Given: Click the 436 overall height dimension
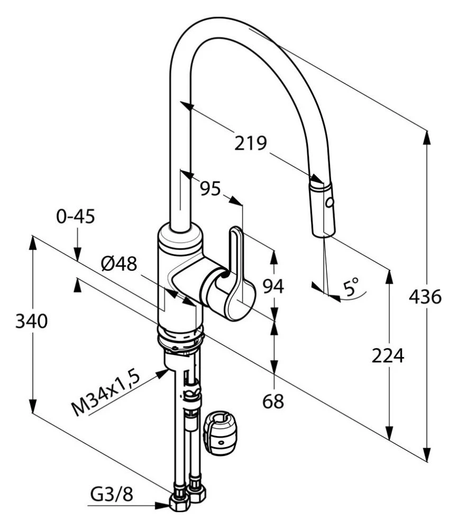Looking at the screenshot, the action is coord(425,297).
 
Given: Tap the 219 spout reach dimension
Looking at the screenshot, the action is coord(250,143).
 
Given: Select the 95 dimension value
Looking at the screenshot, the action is coord(211,188).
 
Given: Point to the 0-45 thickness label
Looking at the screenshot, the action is coord(76,216).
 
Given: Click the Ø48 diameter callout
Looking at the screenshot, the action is coord(119,263).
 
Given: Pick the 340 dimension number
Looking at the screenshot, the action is coord(32,321).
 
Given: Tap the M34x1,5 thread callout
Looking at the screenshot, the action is coord(105,394).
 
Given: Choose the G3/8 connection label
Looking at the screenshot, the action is coord(112,494).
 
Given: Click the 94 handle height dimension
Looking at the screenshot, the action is coord(273,286).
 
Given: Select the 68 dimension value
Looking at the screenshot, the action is coord(273,401).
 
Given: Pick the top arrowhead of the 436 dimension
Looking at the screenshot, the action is coord(427,137).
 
